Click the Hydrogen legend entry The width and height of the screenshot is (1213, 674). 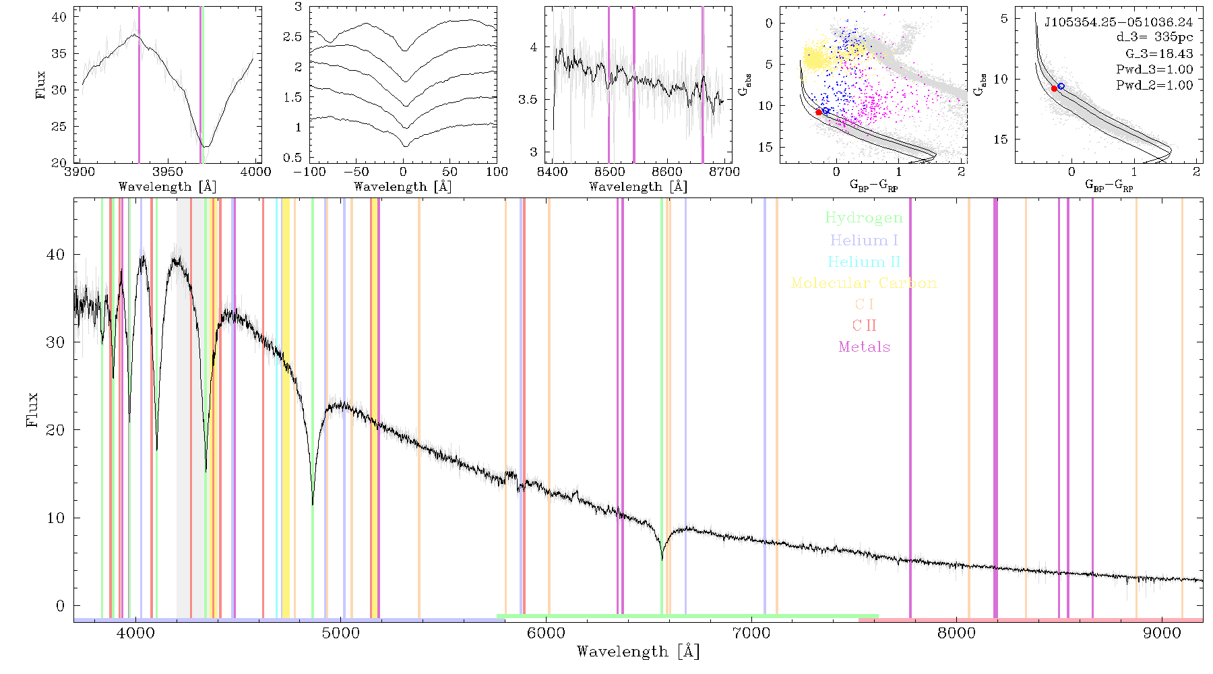[864, 218]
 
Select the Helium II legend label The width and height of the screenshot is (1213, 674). [864, 262]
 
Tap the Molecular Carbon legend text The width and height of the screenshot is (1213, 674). [864, 283]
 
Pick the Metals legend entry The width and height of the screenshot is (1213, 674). [865, 347]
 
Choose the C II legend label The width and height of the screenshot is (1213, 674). [865, 326]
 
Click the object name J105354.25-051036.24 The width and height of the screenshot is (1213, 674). [1119, 22]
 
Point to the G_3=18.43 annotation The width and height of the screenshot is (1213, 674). [1159, 54]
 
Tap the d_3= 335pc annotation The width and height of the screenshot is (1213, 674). [1154, 38]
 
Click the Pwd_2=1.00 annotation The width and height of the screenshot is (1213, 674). [1154, 86]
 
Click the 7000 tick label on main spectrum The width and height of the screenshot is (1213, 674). [751, 633]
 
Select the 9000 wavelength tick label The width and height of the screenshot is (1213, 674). [1162, 633]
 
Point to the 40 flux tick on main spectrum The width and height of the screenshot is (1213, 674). [56, 255]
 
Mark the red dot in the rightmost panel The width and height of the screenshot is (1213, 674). [1055, 88]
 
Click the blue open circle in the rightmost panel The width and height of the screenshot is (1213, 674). [1061, 86]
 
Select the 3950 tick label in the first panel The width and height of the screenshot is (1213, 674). [168, 172]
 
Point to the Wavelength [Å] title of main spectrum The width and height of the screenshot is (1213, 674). [638, 652]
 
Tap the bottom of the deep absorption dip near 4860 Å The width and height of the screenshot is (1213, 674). [313, 504]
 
